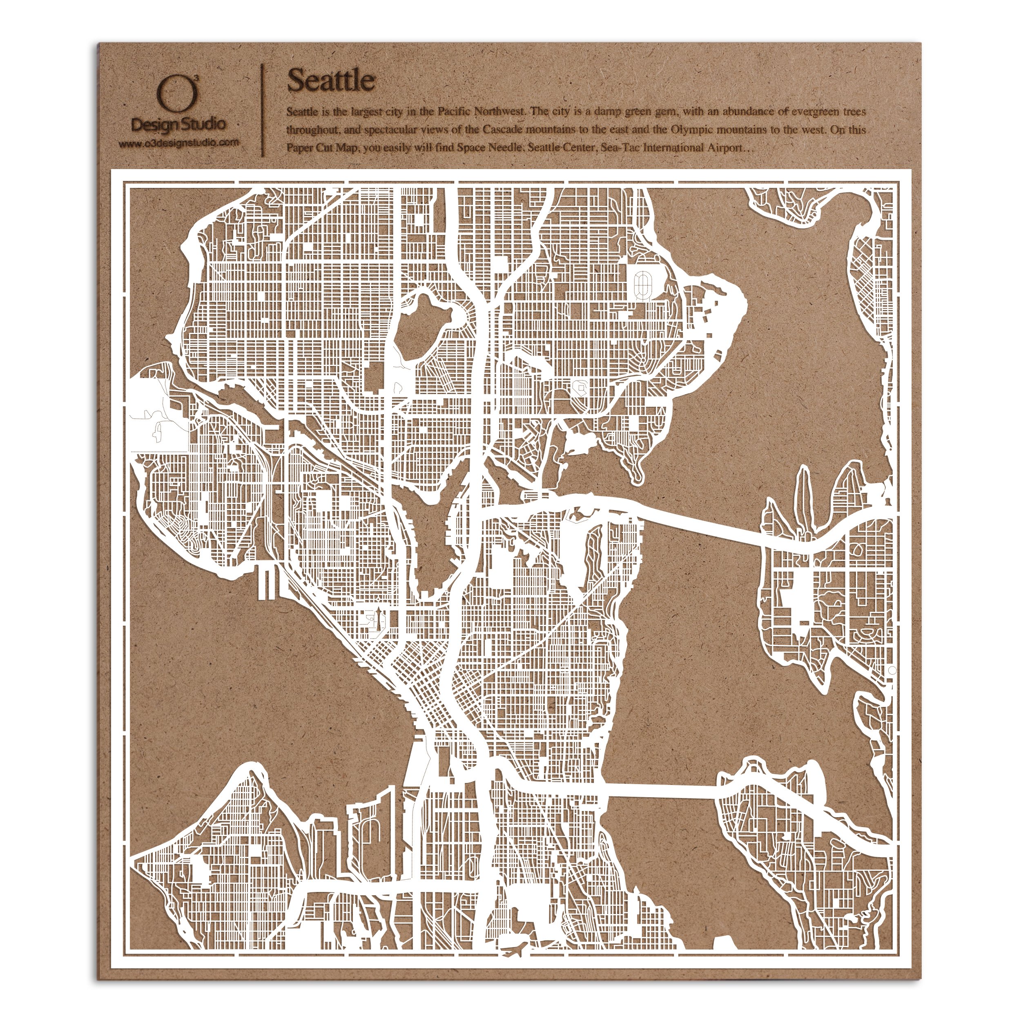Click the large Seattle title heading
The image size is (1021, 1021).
[x=330, y=81]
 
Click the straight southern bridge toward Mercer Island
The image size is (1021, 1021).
[x=660, y=805]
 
